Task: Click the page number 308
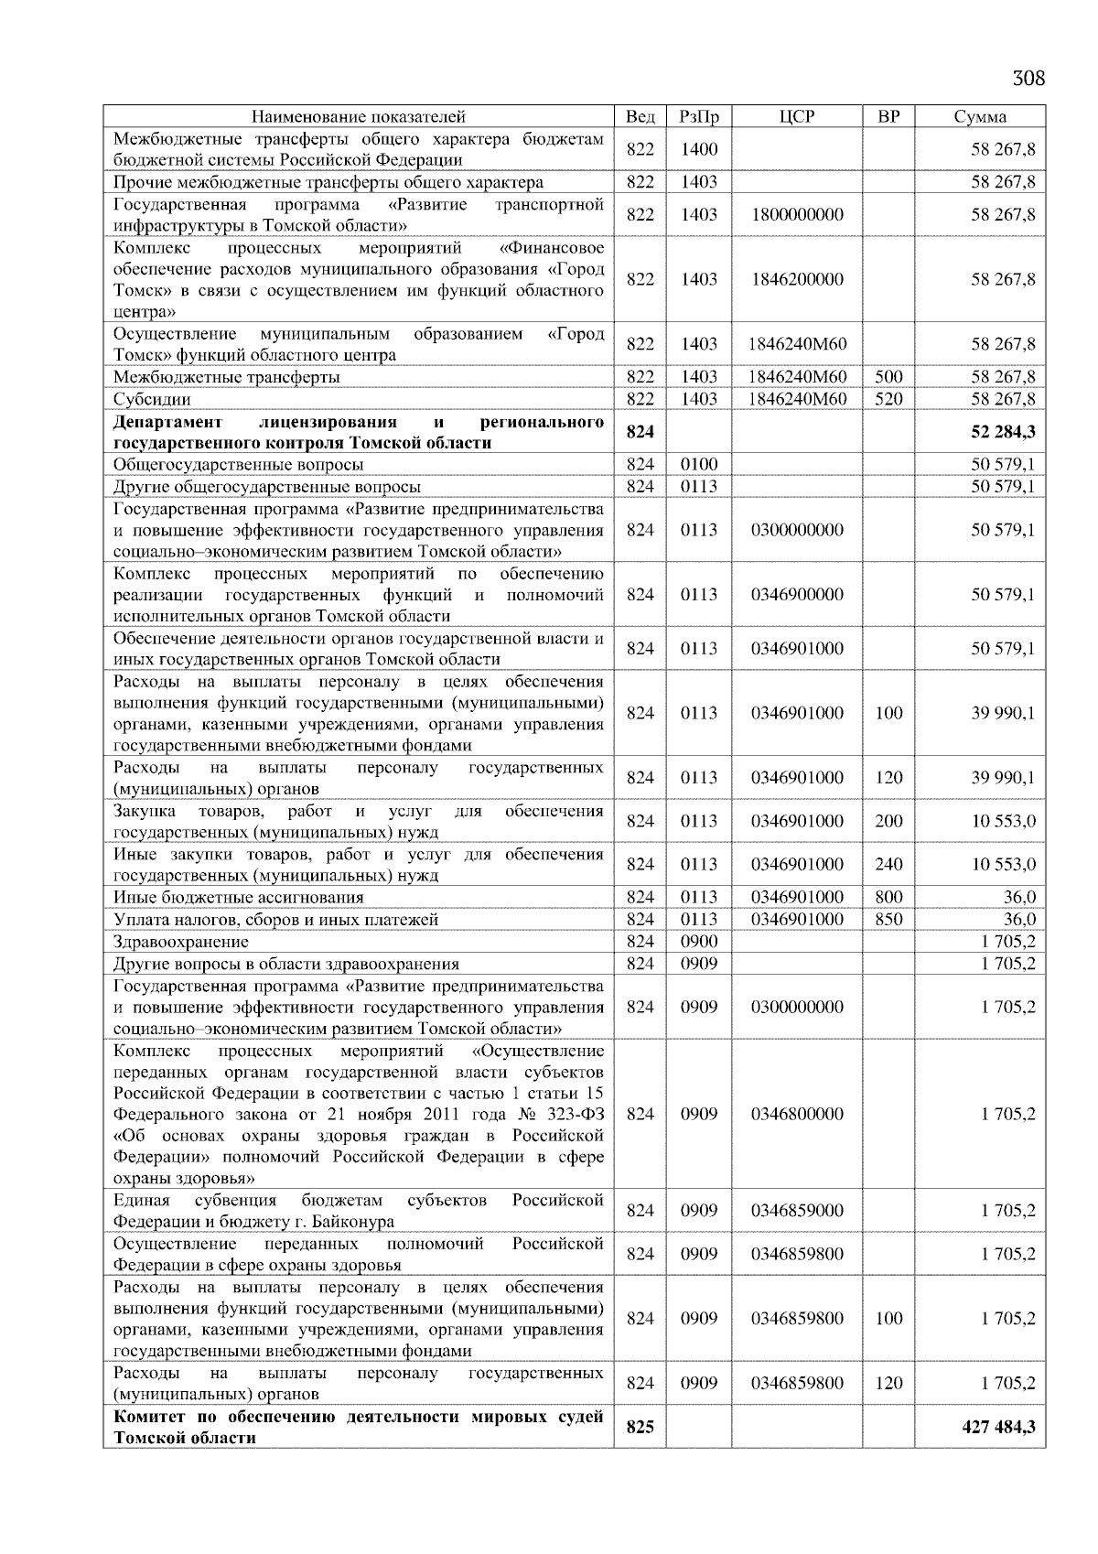click(1028, 78)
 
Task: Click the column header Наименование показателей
click(358, 116)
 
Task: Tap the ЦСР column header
click(797, 116)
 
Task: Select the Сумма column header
click(979, 116)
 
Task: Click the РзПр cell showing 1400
click(699, 149)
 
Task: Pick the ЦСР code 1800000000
click(797, 214)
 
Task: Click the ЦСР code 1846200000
click(797, 279)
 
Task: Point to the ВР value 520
click(888, 399)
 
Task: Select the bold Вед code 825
click(640, 1427)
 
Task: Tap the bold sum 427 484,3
click(998, 1427)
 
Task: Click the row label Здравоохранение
click(180, 942)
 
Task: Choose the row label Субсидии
click(152, 399)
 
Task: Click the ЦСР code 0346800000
click(797, 1114)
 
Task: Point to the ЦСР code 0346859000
click(797, 1211)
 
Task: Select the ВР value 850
click(888, 919)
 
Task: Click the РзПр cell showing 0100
click(699, 465)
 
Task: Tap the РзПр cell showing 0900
click(699, 942)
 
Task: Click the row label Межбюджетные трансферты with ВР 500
click(227, 377)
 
